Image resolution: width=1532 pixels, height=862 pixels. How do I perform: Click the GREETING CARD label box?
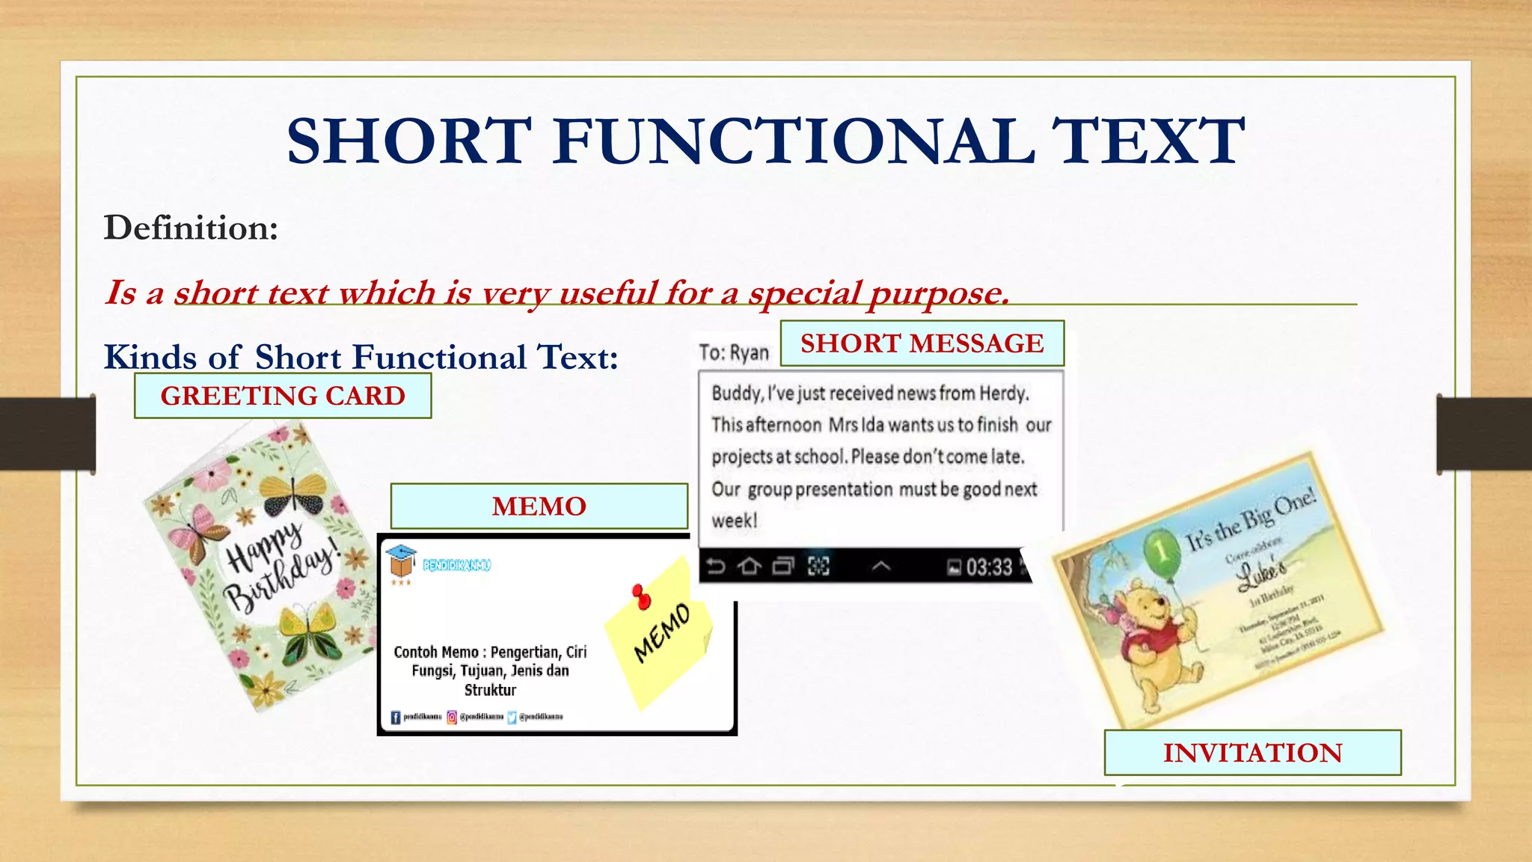283,396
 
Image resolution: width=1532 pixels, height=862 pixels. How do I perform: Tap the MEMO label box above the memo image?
539,507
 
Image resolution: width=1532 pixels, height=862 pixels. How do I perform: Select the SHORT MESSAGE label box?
922,343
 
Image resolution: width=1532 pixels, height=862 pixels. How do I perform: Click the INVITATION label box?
1252,753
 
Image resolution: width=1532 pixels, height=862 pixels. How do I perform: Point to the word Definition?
191,227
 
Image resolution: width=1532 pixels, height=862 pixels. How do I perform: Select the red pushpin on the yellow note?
641,596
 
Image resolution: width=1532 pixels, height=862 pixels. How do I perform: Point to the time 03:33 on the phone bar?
988,568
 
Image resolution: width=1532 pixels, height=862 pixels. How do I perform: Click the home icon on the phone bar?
749,566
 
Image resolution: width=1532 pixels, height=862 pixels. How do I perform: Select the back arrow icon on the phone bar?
716,566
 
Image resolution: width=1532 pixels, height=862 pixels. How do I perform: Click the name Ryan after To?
749,352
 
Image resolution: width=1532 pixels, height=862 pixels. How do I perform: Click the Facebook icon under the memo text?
396,718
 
